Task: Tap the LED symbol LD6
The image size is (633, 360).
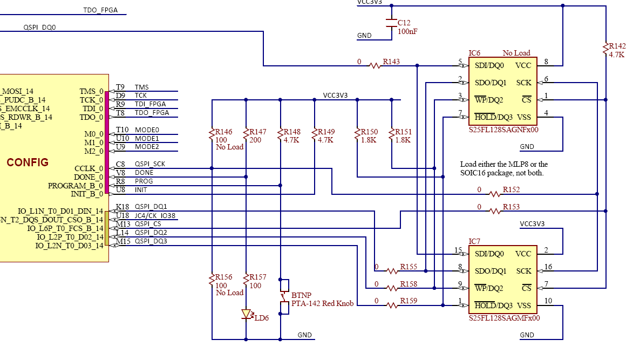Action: pos(247,314)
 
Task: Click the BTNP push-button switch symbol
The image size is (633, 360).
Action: pos(283,296)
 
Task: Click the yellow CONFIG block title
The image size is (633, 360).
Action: pos(28,162)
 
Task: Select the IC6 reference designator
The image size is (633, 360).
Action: pos(474,53)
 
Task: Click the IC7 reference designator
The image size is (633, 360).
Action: pos(474,241)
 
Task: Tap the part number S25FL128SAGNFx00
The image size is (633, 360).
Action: pos(503,130)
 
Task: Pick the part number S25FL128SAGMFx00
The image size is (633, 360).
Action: pos(504,318)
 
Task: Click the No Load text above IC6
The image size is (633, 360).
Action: pos(516,53)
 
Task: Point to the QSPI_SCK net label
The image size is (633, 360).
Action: pos(150,164)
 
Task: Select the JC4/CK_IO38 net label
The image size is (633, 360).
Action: pos(155,216)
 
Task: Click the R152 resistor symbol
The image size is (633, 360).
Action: pos(495,194)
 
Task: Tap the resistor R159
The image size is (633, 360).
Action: pos(393,305)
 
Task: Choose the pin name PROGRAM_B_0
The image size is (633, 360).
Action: pos(76,186)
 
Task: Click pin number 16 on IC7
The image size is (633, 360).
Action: pos(548,267)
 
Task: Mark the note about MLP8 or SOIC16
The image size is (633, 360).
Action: pos(503,168)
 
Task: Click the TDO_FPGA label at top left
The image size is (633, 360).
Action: pos(100,10)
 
